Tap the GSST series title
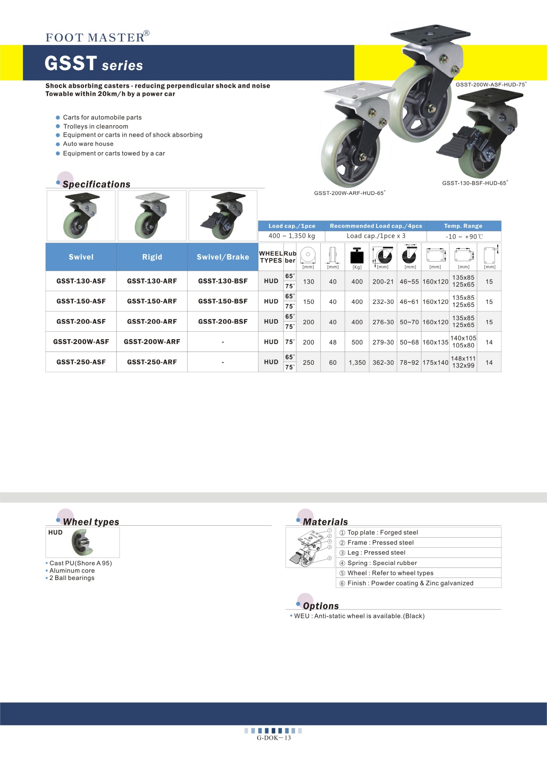pyautogui.click(x=94, y=64)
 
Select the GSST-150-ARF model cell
pyautogui.click(x=152, y=301)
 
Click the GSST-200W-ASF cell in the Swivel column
pyautogui.click(x=81, y=342)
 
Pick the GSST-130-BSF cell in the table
pyautogui.click(x=223, y=281)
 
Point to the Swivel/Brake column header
pyautogui.click(x=223, y=257)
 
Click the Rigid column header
pyautogui.click(x=152, y=257)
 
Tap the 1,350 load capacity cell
pyautogui.click(x=357, y=363)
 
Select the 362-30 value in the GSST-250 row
pyautogui.click(x=383, y=363)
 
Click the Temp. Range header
pyautogui.click(x=463, y=226)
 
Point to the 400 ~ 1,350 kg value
pyautogui.click(x=292, y=236)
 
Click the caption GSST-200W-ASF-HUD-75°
pyautogui.click(x=491, y=85)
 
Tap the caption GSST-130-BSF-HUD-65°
pyautogui.click(x=475, y=183)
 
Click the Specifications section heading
pyautogui.click(x=96, y=184)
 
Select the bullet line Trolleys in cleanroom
pyautogui.click(x=95, y=127)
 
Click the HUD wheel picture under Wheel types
pyautogui.click(x=83, y=543)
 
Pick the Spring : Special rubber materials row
pyautogui.click(x=382, y=563)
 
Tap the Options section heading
pyautogui.click(x=321, y=606)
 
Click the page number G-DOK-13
pyautogui.click(x=273, y=738)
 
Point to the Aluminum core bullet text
pyautogui.click(x=72, y=571)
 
